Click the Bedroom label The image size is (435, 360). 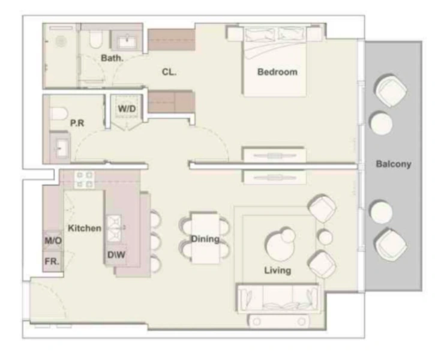coord(277,72)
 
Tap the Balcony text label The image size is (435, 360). coord(393,164)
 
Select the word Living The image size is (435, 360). coord(277,271)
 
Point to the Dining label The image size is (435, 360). coord(205,239)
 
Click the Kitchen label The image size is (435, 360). coord(84,228)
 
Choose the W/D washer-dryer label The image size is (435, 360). coord(126,109)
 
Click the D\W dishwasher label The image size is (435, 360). coord(116,254)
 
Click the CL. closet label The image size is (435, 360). coord(169,71)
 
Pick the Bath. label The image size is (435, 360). coord(112,58)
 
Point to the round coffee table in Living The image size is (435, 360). coord(279,244)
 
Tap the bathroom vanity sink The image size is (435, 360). coord(127,41)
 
